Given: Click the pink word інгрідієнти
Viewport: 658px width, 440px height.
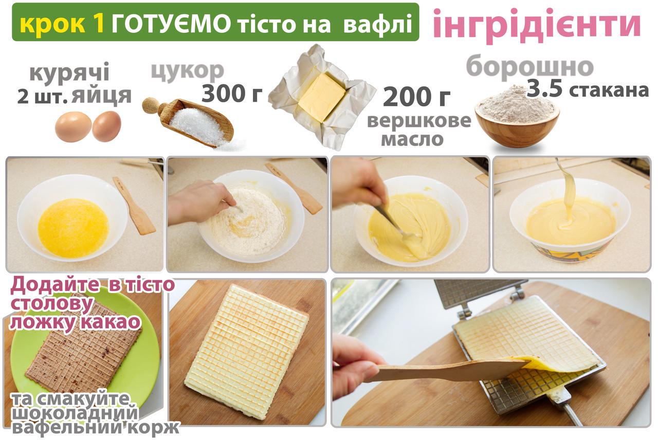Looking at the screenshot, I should [x=537, y=23].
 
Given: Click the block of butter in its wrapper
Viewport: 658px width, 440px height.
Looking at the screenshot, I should [x=322, y=97].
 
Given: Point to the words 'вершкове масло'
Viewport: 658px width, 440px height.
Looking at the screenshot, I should [x=418, y=130].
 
